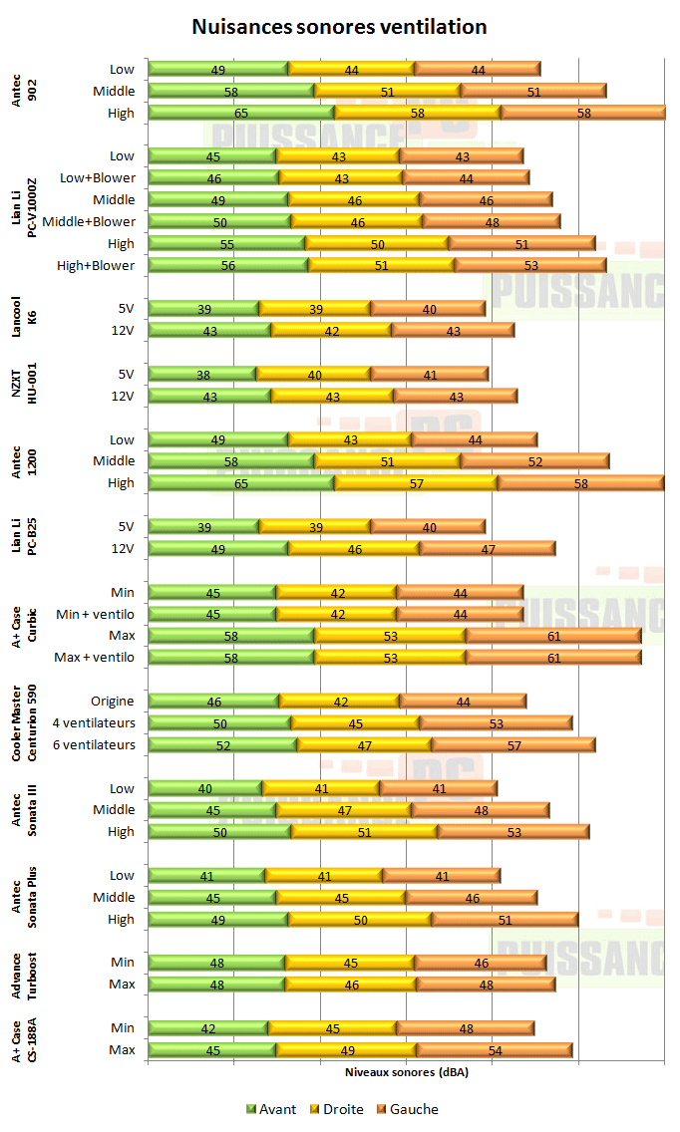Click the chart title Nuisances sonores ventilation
point(339,27)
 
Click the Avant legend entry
point(271,1109)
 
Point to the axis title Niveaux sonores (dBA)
point(406,1073)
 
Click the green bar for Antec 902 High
point(240,114)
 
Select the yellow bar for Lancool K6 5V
point(314,309)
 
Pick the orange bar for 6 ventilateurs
point(512,745)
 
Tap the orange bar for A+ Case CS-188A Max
point(495,1050)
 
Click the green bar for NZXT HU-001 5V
point(201,375)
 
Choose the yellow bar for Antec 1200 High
point(416,483)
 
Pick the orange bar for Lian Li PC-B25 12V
point(488,549)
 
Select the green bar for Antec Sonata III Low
point(204,789)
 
